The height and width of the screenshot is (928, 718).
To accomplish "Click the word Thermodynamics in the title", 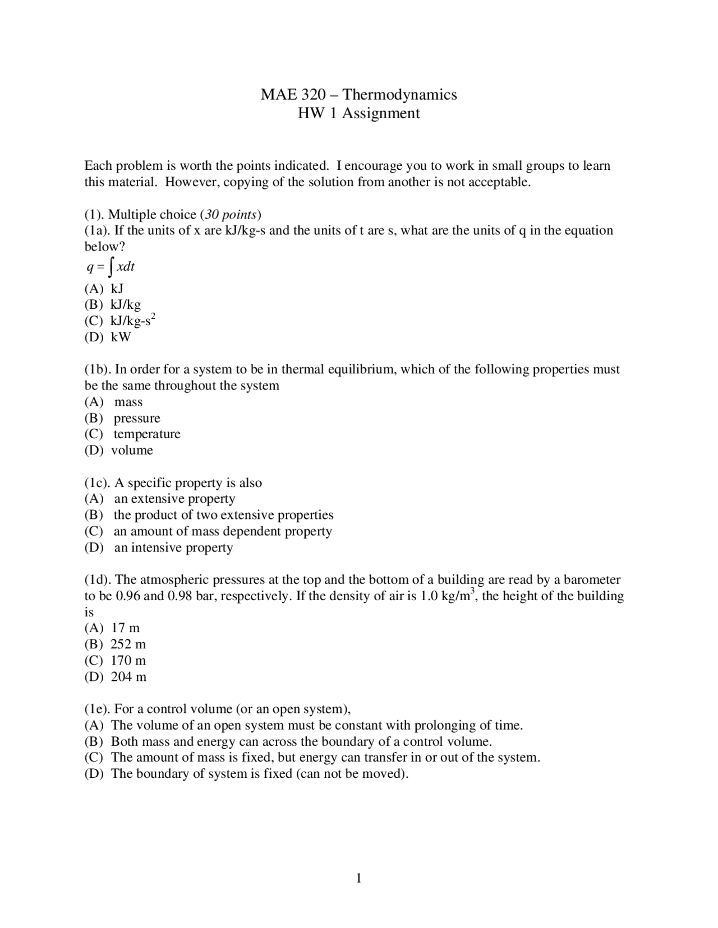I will point(399,95).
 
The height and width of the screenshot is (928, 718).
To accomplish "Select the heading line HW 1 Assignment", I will point(358,113).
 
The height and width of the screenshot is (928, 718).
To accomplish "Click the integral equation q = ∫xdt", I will point(111,267).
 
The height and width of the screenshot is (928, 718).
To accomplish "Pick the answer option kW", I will point(121,337).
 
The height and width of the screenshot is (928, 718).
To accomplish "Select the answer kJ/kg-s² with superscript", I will point(133,321).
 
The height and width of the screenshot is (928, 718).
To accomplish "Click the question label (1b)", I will point(98,369).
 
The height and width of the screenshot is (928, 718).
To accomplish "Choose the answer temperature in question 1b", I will point(147,434).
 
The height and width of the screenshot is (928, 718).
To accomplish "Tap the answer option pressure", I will point(137,418).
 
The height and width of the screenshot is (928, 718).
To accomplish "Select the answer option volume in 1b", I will point(132,451).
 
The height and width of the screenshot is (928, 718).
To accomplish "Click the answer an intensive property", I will point(173,547).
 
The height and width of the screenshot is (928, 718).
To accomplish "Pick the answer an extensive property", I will point(174,499).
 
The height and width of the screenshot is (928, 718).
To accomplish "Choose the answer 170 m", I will point(128,661).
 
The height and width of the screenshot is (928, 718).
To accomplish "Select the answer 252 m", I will point(128,644).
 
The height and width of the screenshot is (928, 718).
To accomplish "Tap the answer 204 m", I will point(128,677).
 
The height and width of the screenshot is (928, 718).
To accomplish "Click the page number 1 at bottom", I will point(359,878).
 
